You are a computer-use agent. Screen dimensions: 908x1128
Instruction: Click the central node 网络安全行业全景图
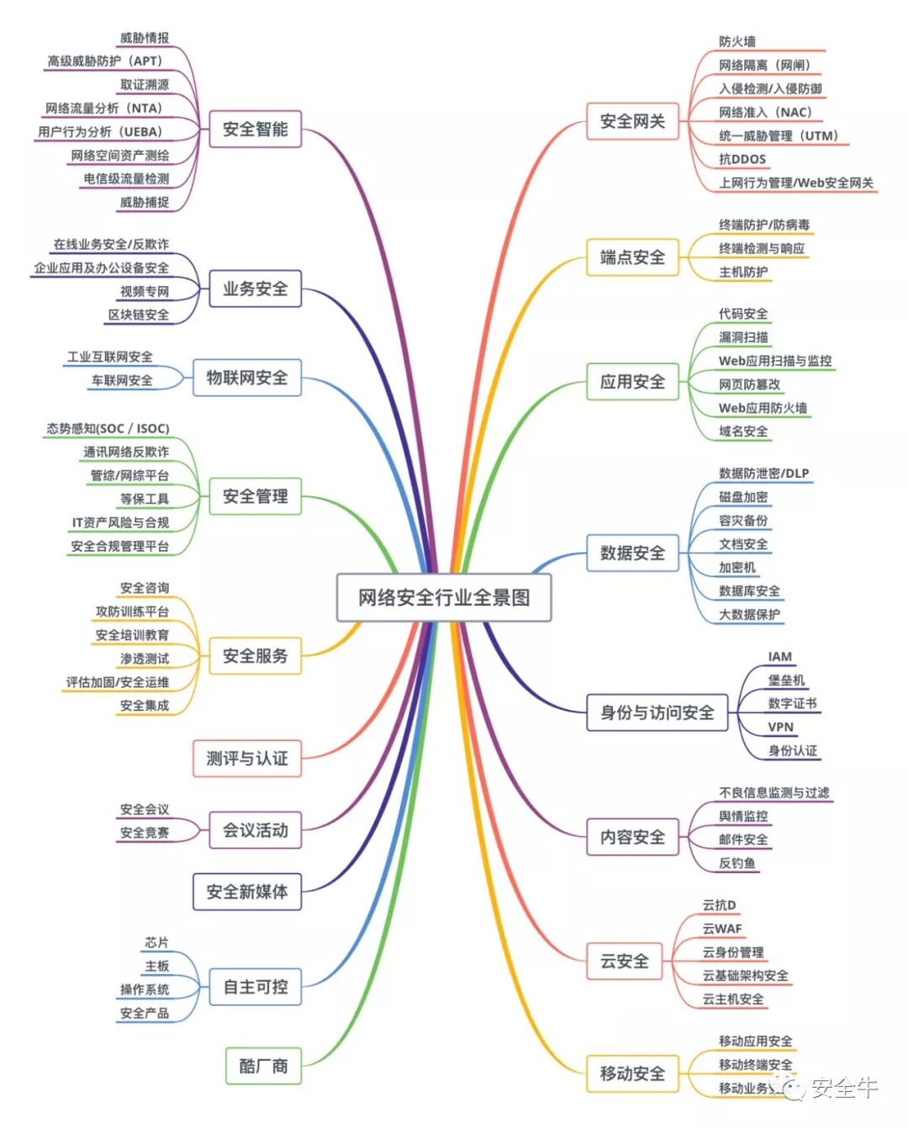(444, 598)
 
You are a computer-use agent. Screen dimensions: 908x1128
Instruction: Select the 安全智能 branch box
(255, 130)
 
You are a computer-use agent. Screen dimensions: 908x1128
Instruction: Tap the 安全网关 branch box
(632, 122)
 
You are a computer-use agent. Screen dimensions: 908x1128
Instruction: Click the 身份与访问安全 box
(657, 713)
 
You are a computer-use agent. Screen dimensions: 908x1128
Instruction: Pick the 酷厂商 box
(263, 1067)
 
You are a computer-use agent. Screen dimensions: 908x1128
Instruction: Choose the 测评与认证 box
(247, 759)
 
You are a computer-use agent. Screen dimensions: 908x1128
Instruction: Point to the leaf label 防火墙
(736, 41)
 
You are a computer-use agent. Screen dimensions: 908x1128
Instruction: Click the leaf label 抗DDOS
(742, 159)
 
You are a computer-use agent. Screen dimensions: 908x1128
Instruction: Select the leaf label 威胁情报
(144, 38)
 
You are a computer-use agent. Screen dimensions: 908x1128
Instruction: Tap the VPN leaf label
(780, 727)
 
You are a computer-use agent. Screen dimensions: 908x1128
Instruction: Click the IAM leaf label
(779, 656)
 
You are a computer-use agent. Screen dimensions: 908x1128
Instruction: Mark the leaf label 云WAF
(722, 929)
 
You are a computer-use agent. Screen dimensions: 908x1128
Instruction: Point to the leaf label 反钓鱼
(736, 863)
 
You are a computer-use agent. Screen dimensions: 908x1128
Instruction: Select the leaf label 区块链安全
(138, 315)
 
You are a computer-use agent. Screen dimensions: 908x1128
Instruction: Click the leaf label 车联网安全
(122, 380)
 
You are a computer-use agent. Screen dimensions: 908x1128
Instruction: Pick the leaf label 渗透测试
(144, 659)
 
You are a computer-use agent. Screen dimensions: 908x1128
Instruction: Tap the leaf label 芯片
(156, 942)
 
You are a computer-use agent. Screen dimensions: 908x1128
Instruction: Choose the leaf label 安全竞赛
(144, 833)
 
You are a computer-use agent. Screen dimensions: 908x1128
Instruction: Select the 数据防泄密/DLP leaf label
(763, 474)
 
